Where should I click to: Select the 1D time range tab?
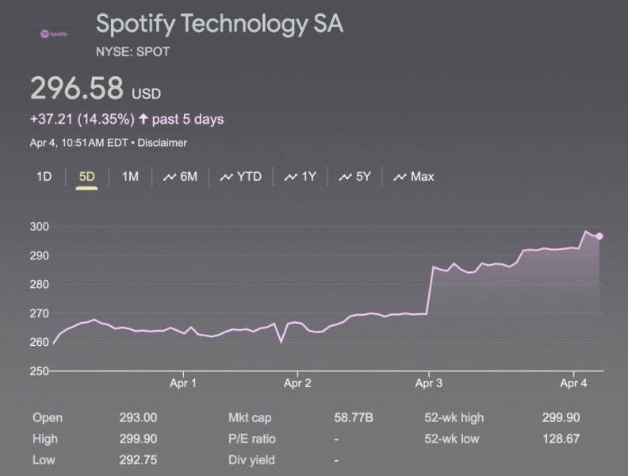(x=44, y=176)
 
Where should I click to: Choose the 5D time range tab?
(x=86, y=176)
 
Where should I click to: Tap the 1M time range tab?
(x=130, y=176)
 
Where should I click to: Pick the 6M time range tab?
(x=181, y=176)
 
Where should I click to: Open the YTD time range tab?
(x=241, y=176)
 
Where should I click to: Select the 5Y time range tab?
(x=355, y=176)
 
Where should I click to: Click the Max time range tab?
(x=414, y=176)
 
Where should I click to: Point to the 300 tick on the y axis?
(x=39, y=227)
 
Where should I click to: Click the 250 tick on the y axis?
(x=39, y=371)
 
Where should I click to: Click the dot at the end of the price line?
(x=600, y=236)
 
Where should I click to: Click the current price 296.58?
(x=77, y=89)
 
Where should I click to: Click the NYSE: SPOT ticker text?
(x=132, y=52)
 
